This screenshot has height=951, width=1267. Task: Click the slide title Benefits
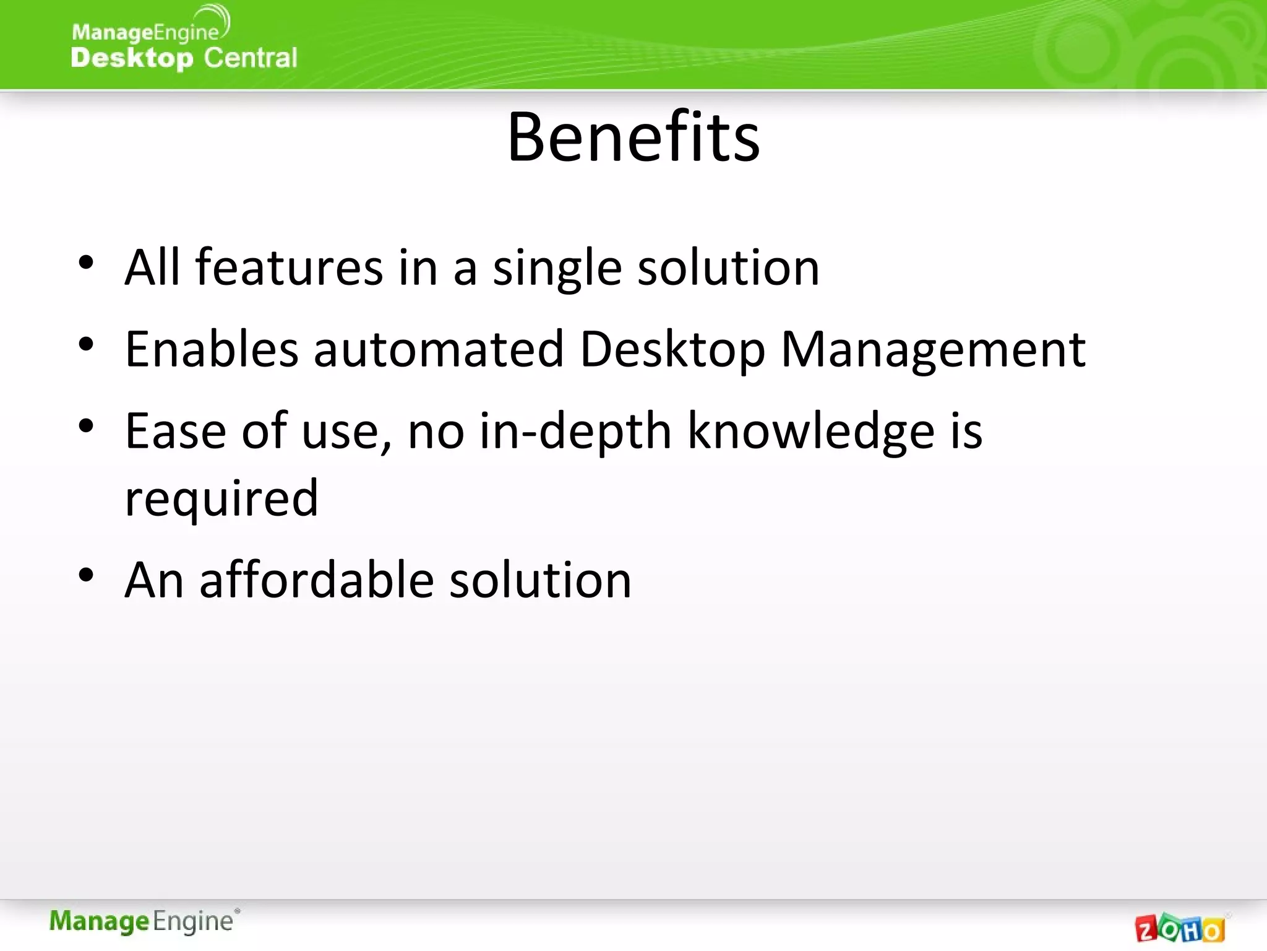(x=633, y=137)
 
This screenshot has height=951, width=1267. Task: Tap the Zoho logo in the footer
(x=1180, y=927)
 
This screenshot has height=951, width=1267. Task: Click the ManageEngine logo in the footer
(x=144, y=921)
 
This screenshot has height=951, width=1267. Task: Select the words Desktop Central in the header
(x=184, y=58)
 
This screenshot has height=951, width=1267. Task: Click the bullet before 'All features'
(x=86, y=263)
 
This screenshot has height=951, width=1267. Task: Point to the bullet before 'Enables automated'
(x=86, y=344)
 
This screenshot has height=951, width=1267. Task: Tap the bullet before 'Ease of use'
(x=86, y=426)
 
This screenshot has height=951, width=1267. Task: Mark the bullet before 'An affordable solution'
(x=86, y=575)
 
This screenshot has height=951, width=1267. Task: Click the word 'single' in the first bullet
(x=557, y=269)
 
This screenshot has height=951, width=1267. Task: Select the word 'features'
(x=290, y=267)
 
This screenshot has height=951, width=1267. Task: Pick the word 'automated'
(x=439, y=349)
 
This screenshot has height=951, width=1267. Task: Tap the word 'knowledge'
(x=810, y=432)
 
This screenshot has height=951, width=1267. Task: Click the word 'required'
(x=221, y=499)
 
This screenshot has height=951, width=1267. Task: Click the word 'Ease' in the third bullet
(x=175, y=431)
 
